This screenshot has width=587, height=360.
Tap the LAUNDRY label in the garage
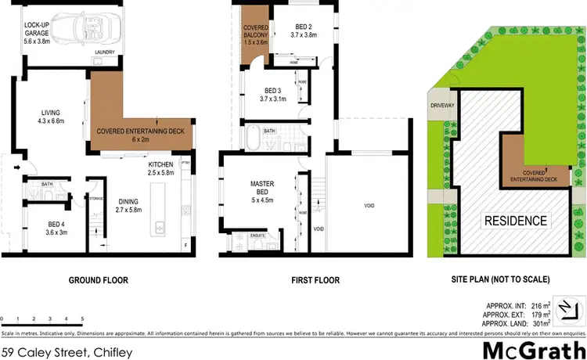click(105, 52)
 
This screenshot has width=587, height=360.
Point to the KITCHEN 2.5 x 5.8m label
click(160, 168)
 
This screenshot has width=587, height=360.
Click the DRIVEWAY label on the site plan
click(442, 105)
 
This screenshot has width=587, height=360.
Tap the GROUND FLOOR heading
click(98, 279)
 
